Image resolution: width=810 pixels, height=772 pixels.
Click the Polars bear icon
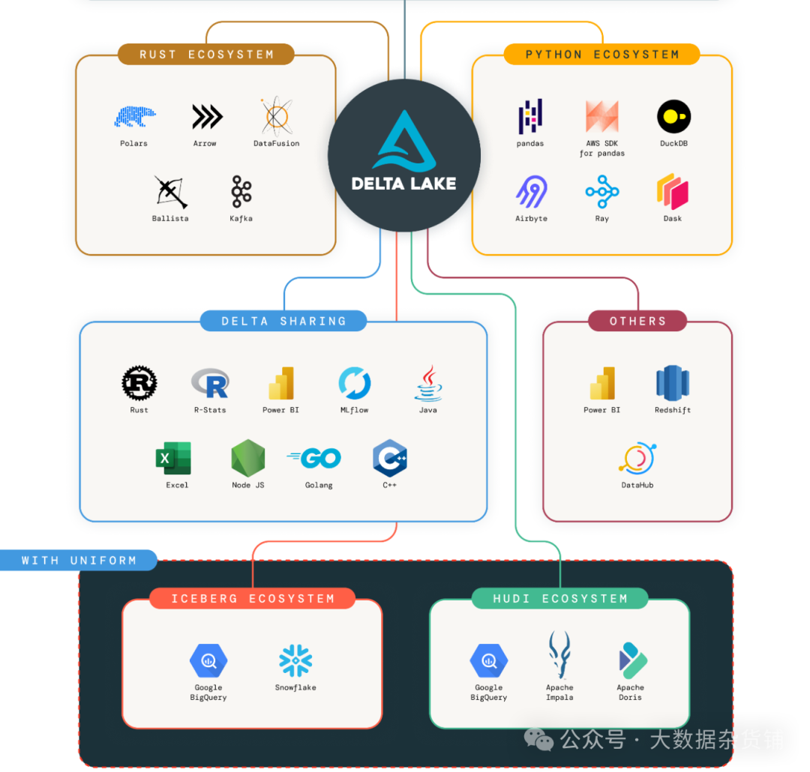(135, 117)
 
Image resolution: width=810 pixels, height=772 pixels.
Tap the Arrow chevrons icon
(207, 117)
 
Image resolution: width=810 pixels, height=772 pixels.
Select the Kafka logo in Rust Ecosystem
(241, 192)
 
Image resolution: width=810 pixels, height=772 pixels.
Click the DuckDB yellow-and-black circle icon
(673, 117)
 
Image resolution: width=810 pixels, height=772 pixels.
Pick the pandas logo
(530, 117)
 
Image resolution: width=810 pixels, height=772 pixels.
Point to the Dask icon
(673, 192)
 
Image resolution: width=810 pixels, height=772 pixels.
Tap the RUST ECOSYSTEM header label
(206, 55)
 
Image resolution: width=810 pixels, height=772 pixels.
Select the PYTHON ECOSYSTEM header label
(601, 55)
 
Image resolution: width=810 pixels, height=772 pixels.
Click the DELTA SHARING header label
(283, 322)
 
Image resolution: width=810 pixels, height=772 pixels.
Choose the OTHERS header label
(637, 322)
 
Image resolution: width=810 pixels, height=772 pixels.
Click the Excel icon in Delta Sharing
(173, 458)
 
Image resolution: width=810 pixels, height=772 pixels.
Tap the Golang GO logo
(314, 458)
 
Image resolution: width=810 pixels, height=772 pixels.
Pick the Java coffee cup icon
(428, 383)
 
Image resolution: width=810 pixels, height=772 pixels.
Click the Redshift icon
(672, 383)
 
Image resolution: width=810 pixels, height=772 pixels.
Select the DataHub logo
(637, 459)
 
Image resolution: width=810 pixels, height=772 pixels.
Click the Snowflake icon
(295, 661)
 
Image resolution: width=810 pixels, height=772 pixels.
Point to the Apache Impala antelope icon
(559, 655)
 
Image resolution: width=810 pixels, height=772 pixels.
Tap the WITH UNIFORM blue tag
(79, 561)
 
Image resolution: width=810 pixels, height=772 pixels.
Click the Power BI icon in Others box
(602, 383)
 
